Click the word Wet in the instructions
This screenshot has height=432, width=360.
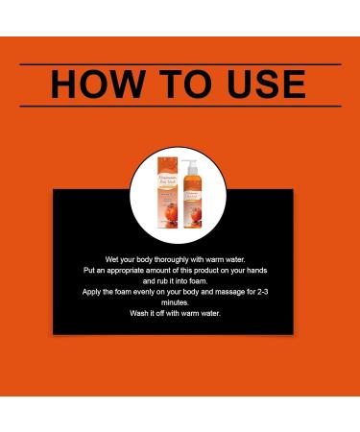pyautogui.click(x=111, y=260)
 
